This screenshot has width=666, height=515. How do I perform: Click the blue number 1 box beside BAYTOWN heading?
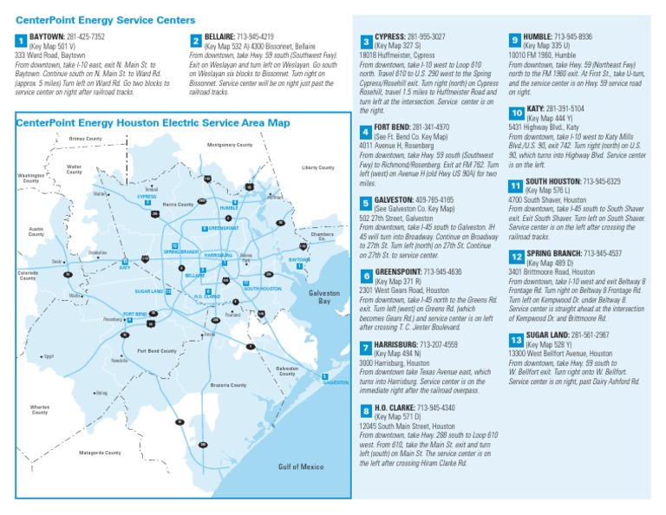[21, 41]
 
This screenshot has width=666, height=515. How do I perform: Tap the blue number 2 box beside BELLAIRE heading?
[195, 41]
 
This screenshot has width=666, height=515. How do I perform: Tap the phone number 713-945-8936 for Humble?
[573, 37]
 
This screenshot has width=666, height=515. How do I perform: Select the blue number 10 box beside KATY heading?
[516, 114]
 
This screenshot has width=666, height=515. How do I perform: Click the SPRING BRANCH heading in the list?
[555, 253]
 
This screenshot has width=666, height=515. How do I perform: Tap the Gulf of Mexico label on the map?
[301, 466]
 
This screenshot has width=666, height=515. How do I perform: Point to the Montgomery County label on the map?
[229, 145]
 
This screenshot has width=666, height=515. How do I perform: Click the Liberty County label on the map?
[318, 167]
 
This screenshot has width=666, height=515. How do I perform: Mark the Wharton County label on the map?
[40, 409]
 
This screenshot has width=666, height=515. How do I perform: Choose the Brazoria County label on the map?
[229, 384]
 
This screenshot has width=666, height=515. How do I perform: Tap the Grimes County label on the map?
[86, 139]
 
